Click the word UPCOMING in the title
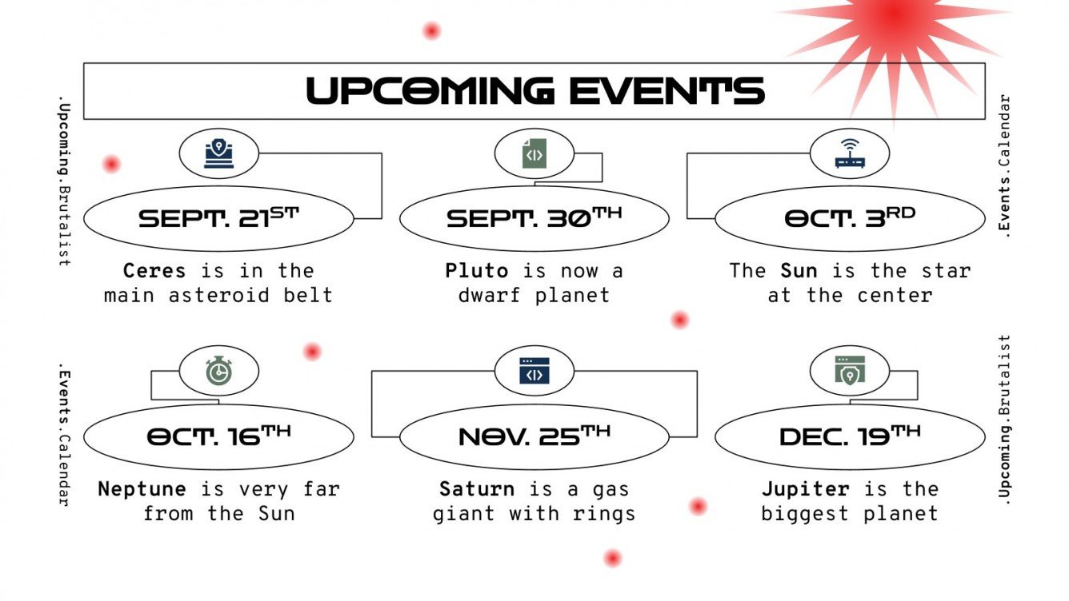(430, 91)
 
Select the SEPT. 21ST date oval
(218, 218)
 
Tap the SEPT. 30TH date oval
(534, 218)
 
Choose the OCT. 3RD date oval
(849, 218)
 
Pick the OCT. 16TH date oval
(218, 436)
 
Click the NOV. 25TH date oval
(534, 436)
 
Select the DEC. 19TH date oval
(849, 436)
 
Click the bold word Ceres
(154, 270)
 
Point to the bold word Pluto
(477, 270)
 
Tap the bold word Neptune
(142, 488)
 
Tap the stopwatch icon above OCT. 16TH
(218, 372)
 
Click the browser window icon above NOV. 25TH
(534, 372)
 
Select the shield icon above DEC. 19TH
(849, 372)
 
